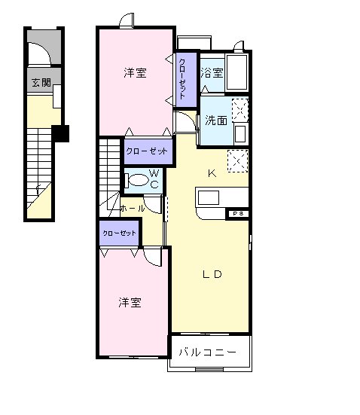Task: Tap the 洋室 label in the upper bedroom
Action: click(x=135, y=73)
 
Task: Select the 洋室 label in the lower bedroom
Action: click(x=130, y=302)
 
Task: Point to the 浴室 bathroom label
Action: click(x=212, y=73)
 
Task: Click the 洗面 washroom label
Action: click(x=216, y=120)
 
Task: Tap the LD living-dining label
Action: click(x=211, y=274)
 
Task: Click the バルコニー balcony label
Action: click(x=208, y=352)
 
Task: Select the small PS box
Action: click(x=238, y=214)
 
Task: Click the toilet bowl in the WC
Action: click(x=138, y=181)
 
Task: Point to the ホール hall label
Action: click(x=132, y=208)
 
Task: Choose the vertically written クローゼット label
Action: click(x=184, y=78)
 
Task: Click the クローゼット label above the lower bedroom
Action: click(x=120, y=233)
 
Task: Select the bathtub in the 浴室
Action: click(x=237, y=73)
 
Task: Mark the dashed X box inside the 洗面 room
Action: click(x=239, y=110)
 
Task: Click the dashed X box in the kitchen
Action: click(x=238, y=161)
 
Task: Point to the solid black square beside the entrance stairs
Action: click(x=63, y=133)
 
